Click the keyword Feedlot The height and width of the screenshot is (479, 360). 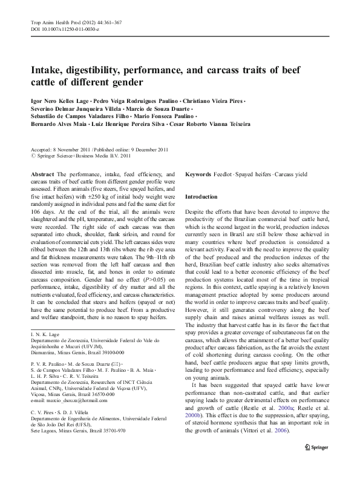pyautogui.click(x=224, y=174)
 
